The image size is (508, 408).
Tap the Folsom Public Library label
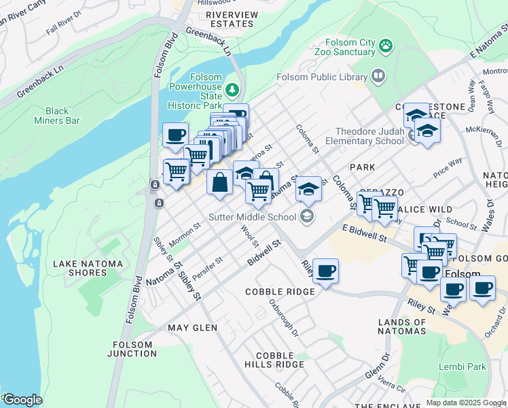[x=321, y=77]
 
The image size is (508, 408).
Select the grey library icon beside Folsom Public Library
[x=378, y=76]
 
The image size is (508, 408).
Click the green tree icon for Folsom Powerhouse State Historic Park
[x=233, y=89]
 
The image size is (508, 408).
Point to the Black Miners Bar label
[x=57, y=116]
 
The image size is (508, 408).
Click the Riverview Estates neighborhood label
[x=232, y=19]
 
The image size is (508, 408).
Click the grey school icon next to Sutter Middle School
[x=307, y=217]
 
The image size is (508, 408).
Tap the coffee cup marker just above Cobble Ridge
[x=325, y=271]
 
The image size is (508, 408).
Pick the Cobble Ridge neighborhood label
[x=280, y=292]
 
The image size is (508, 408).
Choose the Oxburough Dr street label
[x=283, y=318]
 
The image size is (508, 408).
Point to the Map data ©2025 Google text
[x=467, y=403]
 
